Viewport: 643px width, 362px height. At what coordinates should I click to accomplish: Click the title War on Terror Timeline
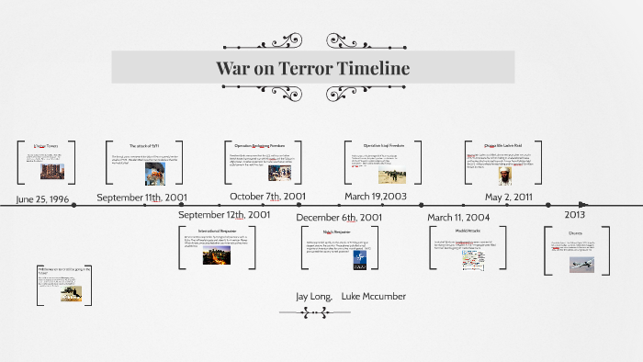click(x=312, y=69)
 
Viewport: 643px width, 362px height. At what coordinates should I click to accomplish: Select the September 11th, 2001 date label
click(x=141, y=198)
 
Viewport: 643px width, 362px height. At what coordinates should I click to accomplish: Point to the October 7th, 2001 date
click(x=267, y=197)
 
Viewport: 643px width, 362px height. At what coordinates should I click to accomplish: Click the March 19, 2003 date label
click(x=376, y=197)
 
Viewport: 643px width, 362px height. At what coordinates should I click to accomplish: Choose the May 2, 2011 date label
click(x=509, y=197)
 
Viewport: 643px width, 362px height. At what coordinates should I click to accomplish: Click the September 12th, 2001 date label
click(x=224, y=215)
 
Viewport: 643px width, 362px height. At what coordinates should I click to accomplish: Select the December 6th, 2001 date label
click(x=339, y=217)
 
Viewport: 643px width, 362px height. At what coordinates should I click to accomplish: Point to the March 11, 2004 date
click(x=458, y=217)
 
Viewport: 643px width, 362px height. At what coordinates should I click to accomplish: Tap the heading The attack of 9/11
click(x=145, y=146)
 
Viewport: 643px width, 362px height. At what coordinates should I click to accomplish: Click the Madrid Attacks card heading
click(x=468, y=231)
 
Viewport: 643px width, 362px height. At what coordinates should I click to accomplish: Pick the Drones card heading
click(x=575, y=233)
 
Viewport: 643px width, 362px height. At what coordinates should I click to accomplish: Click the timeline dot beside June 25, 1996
click(x=73, y=205)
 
